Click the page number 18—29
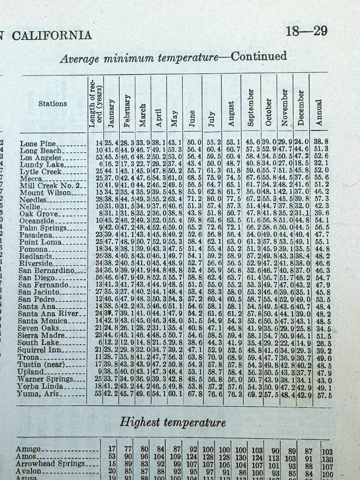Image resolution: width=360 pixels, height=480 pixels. pos(306,31)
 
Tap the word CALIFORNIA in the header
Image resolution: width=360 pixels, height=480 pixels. pos(52,36)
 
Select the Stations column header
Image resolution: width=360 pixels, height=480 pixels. pos(52,103)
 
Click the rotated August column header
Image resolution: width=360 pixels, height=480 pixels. pos(231,114)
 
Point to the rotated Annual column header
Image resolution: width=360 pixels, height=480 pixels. pos(319,112)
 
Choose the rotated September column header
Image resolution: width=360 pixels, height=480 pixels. pos(251,108)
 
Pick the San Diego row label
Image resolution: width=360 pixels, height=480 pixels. pos(37,278)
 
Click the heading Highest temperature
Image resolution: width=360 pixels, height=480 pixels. pos(172,422)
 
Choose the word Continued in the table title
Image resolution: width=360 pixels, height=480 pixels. pos(258,57)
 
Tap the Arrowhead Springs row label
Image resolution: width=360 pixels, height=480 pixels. pos(50,463)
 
